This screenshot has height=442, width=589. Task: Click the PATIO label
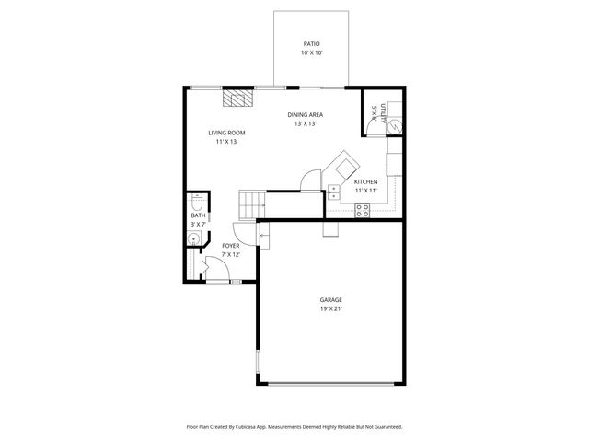[311, 43]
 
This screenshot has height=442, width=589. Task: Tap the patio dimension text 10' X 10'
[311, 53]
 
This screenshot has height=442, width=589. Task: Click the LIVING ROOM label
[226, 133]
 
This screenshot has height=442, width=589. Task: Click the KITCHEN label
[366, 181]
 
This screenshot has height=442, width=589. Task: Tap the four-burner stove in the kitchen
[363, 209]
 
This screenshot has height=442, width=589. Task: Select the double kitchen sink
[333, 192]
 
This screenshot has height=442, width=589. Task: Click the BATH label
[198, 215]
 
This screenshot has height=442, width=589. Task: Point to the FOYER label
[231, 246]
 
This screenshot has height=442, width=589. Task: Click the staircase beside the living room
[252, 203]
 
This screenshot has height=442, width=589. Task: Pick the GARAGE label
[330, 300]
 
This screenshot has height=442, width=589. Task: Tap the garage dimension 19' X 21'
[330, 309]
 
